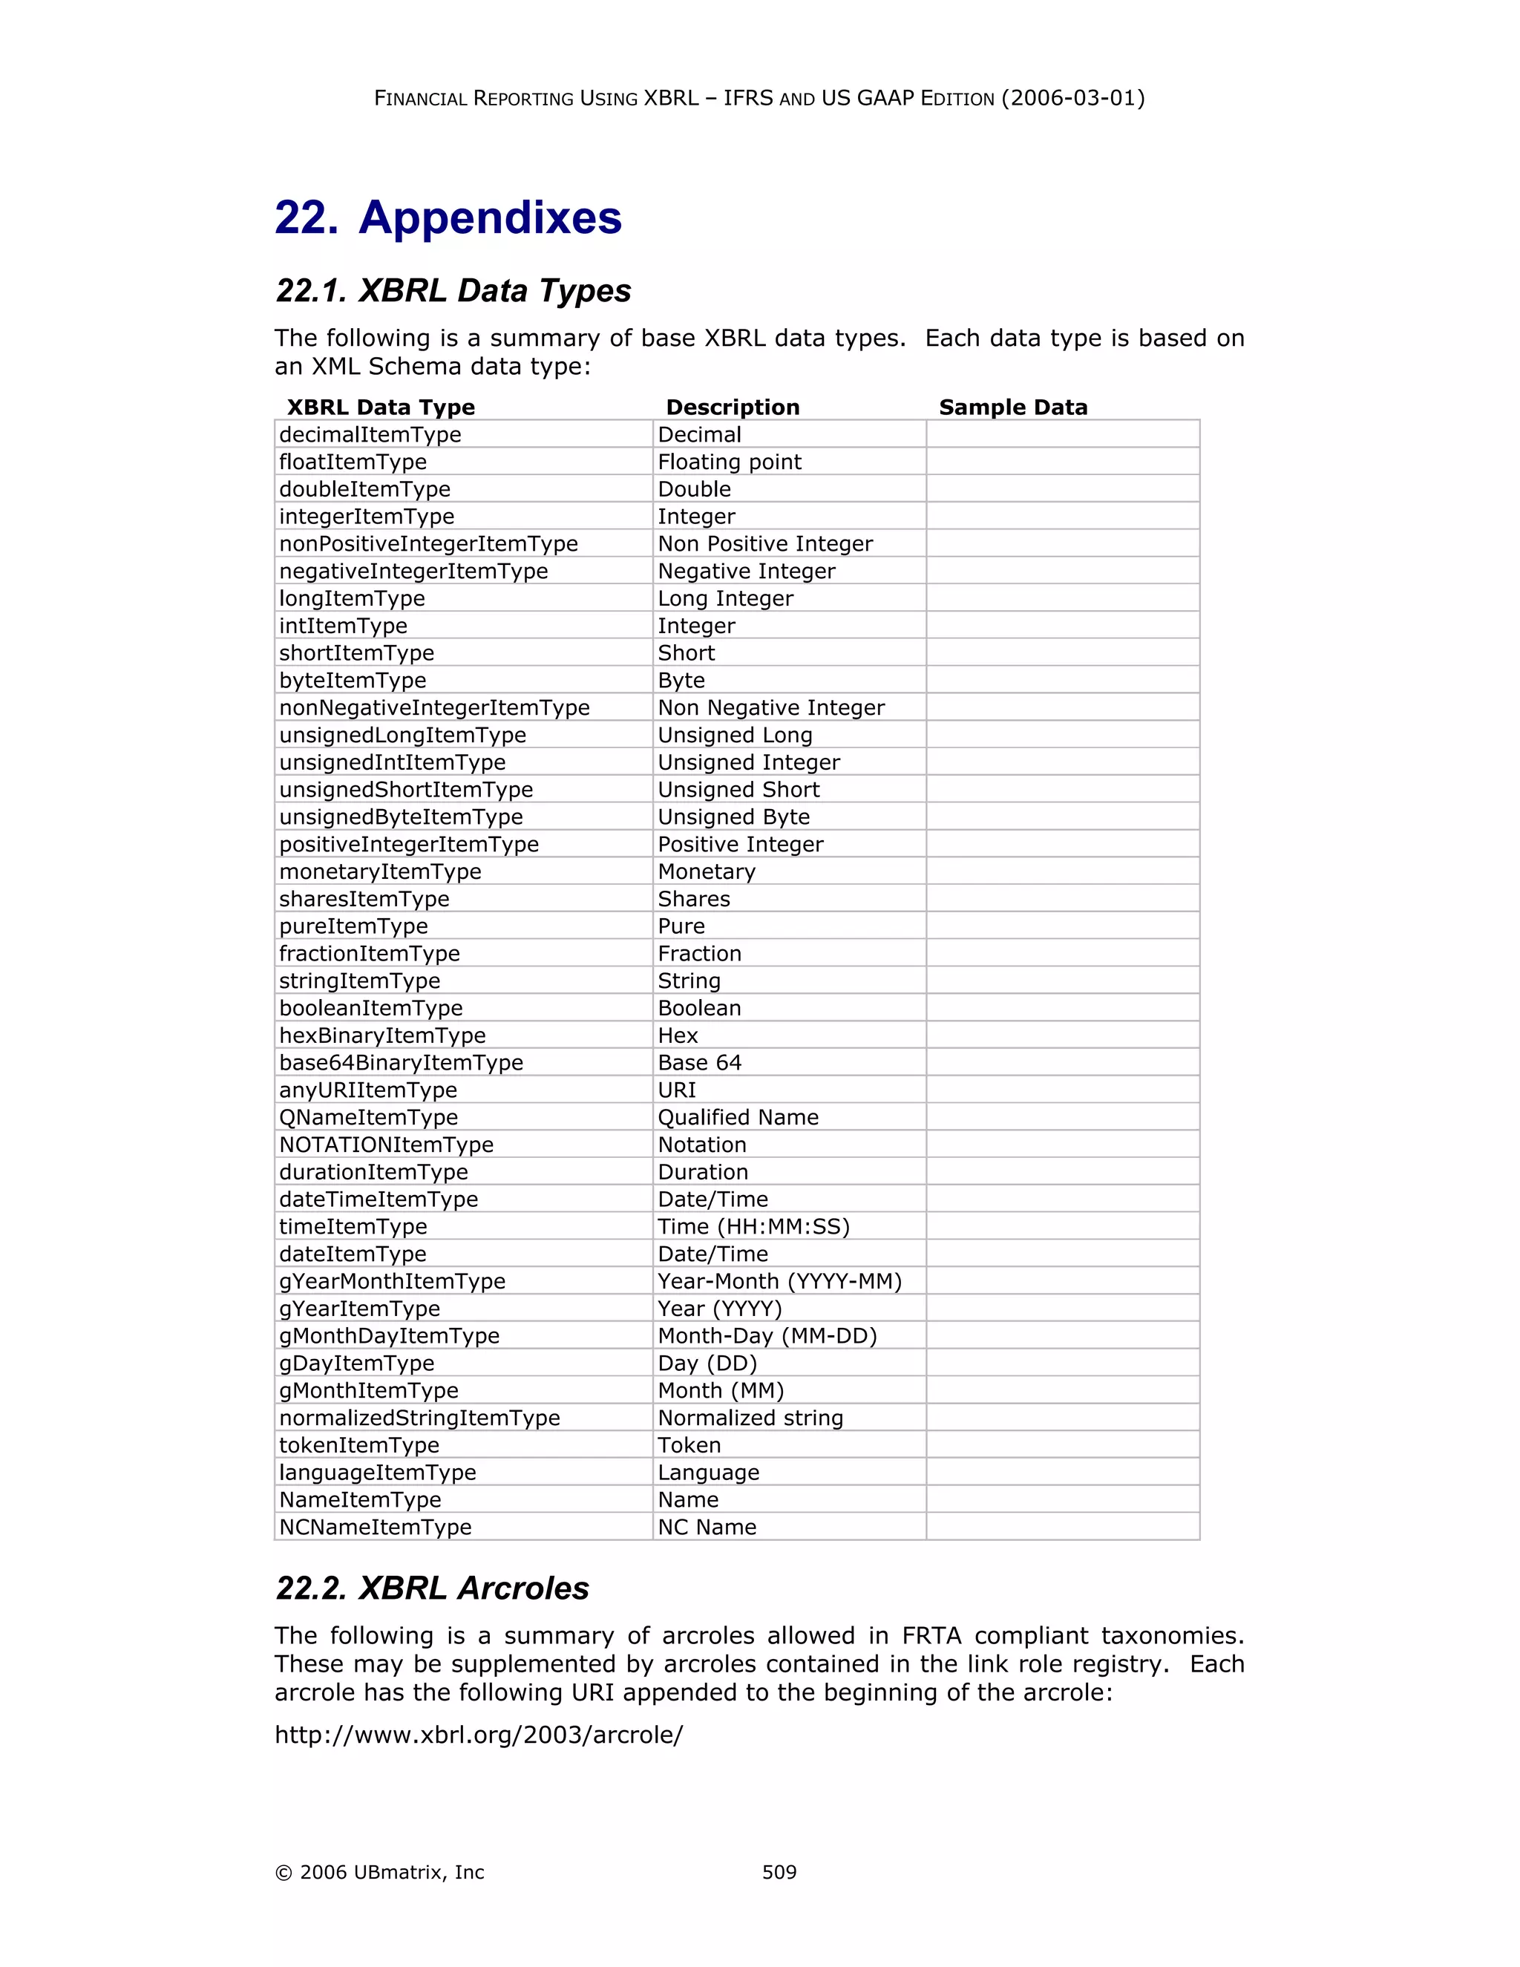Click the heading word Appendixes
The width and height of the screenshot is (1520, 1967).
[490, 218]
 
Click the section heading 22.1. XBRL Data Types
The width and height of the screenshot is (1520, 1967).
[453, 291]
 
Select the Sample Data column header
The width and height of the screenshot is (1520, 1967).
[1013, 407]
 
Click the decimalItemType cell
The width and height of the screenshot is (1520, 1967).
[370, 435]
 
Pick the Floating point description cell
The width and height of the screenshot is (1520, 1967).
[730, 462]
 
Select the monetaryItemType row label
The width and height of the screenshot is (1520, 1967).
[380, 872]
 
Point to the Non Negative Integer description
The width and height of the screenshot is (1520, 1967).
[771, 708]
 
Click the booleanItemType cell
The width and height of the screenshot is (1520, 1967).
[371, 1009]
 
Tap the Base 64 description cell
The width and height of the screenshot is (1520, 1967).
[700, 1063]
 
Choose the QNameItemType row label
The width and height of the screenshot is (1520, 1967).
[368, 1118]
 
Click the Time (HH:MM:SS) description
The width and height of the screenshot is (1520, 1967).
[754, 1227]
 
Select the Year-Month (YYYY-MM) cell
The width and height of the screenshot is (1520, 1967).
[780, 1282]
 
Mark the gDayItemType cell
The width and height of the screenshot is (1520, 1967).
[356, 1364]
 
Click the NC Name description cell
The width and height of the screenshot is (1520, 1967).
[707, 1528]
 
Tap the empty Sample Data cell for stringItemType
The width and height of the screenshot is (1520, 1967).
[1063, 981]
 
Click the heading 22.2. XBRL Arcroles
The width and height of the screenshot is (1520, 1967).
[432, 1588]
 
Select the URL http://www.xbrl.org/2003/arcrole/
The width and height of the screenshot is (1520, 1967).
[478, 1735]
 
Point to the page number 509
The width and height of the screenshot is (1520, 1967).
[779, 1873]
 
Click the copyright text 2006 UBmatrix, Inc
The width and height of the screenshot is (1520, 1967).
[380, 1873]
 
